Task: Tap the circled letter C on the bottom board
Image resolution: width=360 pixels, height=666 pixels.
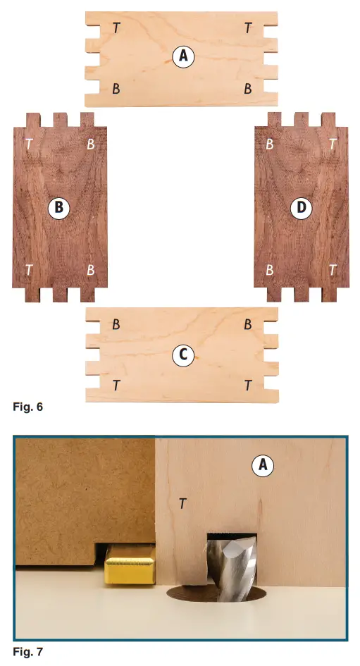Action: [x=183, y=356]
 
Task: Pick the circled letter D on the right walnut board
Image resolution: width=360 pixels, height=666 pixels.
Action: [x=301, y=207]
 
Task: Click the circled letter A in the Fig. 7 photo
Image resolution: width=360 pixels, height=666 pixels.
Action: [x=262, y=465]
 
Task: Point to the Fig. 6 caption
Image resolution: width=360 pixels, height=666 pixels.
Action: [x=28, y=407]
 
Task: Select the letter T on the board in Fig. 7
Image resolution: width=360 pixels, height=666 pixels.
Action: [x=182, y=503]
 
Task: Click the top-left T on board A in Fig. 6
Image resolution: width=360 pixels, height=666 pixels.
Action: [x=116, y=27]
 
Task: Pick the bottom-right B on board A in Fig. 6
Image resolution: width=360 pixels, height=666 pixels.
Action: [x=248, y=89]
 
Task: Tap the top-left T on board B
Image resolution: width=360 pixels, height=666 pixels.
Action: [x=29, y=144]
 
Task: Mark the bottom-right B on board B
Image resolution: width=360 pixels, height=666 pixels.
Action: [x=91, y=270]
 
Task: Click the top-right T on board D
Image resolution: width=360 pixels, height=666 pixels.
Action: [x=333, y=144]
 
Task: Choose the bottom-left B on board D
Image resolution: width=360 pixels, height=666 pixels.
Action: [x=270, y=270]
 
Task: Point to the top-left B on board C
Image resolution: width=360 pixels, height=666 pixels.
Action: [x=116, y=326]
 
